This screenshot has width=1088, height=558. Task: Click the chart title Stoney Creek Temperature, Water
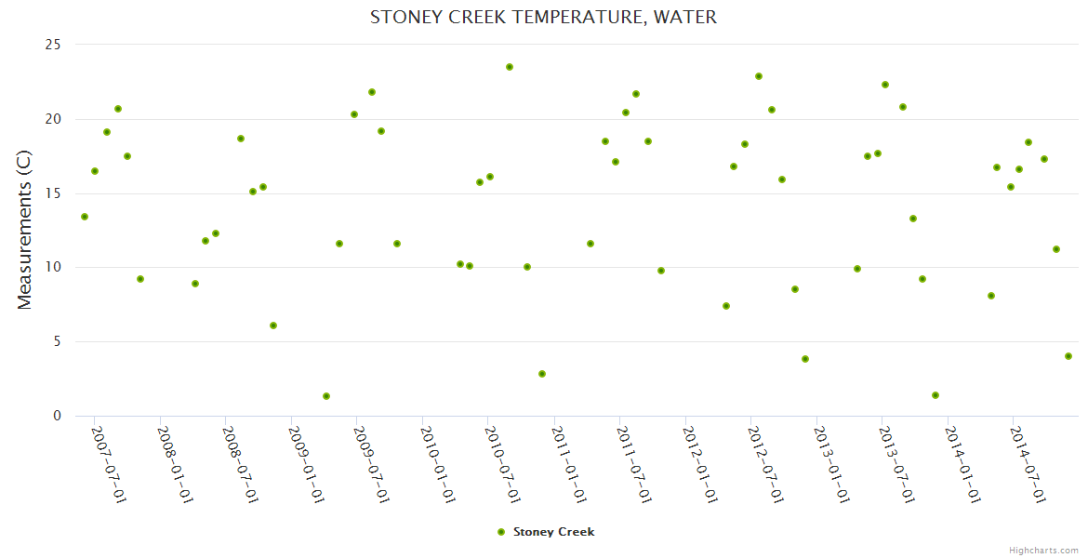(x=544, y=17)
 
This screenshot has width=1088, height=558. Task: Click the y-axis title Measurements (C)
(x=25, y=230)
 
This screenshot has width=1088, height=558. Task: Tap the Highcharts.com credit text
(x=1043, y=550)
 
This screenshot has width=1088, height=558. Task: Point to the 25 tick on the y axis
(x=53, y=45)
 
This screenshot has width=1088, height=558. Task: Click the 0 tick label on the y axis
(x=57, y=416)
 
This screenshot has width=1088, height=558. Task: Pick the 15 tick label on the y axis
(x=53, y=193)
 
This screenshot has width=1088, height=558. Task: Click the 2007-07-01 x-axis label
(x=109, y=464)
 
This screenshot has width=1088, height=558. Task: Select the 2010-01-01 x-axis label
(x=437, y=464)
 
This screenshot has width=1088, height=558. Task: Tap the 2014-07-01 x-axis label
(x=1028, y=464)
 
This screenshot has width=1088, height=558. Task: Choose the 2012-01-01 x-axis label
(x=699, y=464)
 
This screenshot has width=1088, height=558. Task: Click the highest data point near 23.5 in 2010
(x=510, y=67)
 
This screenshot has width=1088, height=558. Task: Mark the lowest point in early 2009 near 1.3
(x=326, y=396)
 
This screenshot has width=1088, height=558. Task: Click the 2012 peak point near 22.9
(x=759, y=76)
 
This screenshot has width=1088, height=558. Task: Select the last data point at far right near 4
(x=1068, y=356)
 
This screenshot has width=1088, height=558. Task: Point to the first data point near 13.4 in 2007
(x=85, y=217)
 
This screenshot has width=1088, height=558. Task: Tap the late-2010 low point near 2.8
(x=542, y=374)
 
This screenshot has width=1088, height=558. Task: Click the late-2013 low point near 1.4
(x=935, y=395)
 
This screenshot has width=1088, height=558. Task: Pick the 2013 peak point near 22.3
(x=885, y=85)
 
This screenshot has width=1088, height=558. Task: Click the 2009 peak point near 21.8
(x=372, y=92)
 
